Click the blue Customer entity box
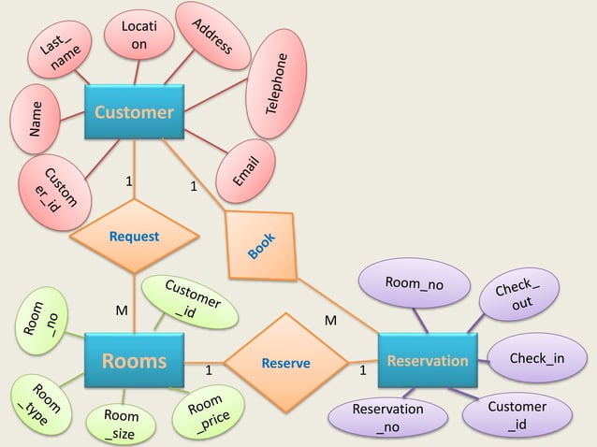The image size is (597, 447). [x=134, y=113]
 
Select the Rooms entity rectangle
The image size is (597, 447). [x=134, y=361]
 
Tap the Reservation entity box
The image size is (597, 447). [x=428, y=360]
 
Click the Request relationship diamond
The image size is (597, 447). [x=134, y=237]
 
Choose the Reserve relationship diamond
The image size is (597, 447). [x=285, y=362]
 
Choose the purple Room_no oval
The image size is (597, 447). [x=415, y=282]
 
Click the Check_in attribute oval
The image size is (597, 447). [x=536, y=359]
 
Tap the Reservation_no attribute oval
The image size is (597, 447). [x=386, y=417]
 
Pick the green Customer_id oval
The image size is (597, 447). [x=190, y=301]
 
